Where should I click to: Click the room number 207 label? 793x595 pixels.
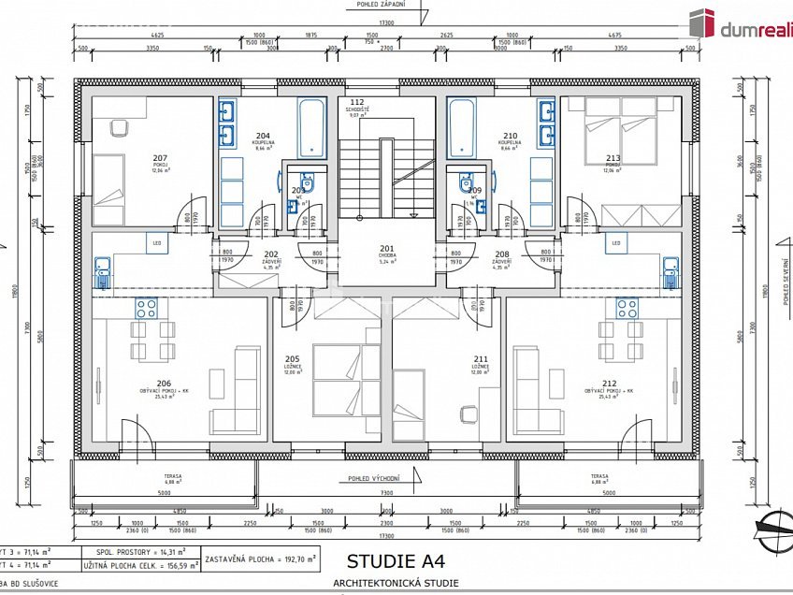pos(160,157)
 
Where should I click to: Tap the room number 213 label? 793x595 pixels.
pos(613,157)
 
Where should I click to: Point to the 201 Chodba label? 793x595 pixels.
pos(387,251)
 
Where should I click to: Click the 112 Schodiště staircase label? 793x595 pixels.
pos(355,105)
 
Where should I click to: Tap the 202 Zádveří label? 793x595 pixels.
pos(271,258)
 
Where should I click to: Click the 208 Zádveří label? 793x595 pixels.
pos(502,258)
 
